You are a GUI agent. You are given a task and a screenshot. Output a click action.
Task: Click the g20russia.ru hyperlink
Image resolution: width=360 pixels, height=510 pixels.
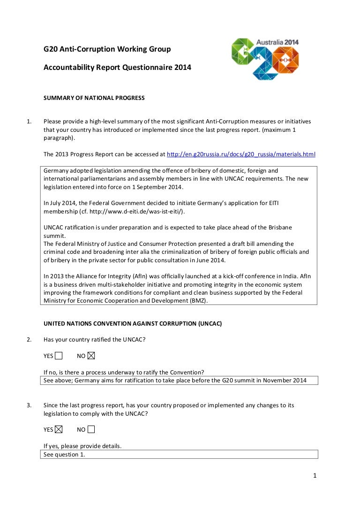[241, 154]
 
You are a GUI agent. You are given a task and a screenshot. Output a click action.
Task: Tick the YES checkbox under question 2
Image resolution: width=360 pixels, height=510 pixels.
[59, 356]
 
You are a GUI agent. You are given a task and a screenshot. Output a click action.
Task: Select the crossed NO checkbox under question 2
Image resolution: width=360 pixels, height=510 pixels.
[91, 356]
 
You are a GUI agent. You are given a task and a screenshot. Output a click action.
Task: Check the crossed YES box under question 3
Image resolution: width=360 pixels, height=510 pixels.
[59, 429]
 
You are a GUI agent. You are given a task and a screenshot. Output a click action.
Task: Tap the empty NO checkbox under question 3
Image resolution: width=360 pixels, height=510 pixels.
[91, 429]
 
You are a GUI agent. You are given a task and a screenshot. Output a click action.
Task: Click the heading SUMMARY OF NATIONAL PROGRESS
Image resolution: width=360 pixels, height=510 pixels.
[94, 98]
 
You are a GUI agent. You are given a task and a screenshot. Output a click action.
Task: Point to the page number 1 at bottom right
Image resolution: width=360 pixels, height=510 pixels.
[315, 476]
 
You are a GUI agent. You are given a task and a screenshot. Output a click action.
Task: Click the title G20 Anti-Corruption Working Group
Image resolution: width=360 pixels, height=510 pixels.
[107, 49]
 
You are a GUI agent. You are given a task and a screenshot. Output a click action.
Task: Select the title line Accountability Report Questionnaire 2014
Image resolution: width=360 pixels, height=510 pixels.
[117, 68]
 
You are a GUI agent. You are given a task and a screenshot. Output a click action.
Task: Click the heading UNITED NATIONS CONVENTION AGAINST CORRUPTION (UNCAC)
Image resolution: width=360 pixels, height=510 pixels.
[133, 324]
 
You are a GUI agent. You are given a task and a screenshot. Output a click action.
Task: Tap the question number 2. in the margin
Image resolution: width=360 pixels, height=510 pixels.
[29, 339]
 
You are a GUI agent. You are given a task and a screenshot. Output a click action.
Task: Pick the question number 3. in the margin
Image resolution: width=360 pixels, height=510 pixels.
[29, 405]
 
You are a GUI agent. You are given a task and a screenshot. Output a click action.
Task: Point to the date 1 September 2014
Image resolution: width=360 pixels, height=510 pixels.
[158, 187]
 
